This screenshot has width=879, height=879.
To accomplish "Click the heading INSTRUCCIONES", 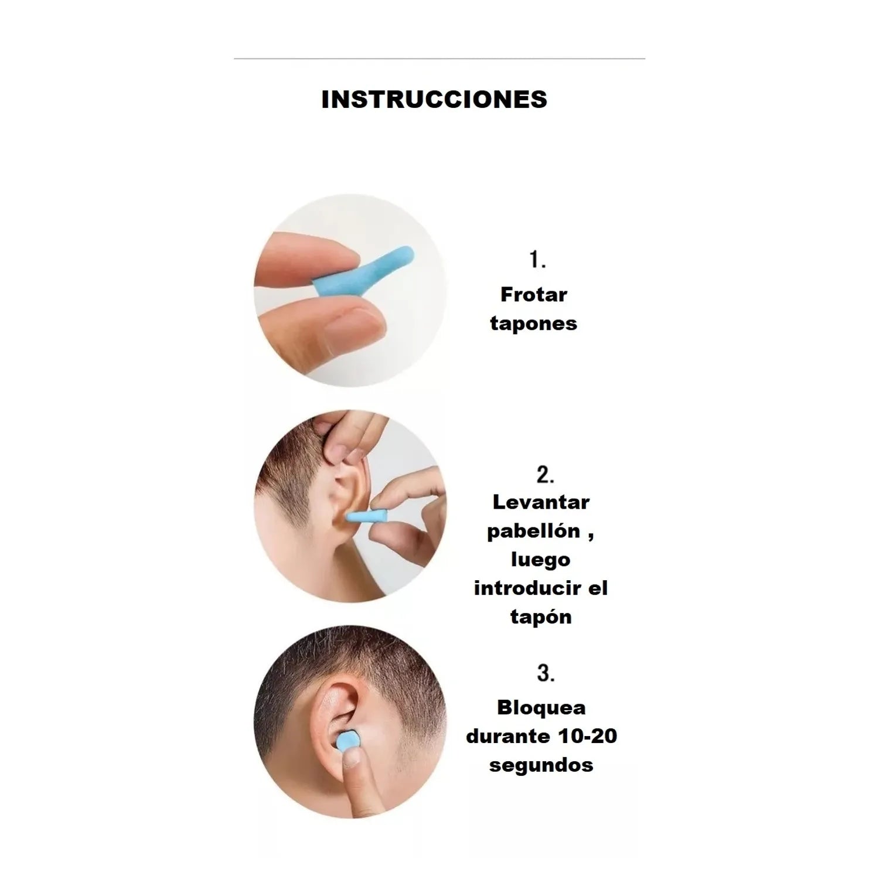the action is [x=434, y=99].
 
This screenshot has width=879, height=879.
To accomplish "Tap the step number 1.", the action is [x=538, y=260].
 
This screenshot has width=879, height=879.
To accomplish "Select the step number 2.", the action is [x=546, y=475].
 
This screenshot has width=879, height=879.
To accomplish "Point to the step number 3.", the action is [x=546, y=673].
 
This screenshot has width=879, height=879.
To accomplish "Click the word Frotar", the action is [x=534, y=295].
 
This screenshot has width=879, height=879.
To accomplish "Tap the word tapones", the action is [x=534, y=323].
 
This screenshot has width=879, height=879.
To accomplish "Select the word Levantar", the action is [x=541, y=502].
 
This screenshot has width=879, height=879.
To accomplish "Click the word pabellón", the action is [x=533, y=531].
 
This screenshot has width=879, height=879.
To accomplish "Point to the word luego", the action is [x=540, y=560].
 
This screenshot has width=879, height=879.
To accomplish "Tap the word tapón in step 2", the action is [x=541, y=617].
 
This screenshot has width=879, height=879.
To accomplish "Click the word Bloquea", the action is [x=541, y=708].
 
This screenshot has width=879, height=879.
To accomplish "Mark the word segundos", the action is [x=541, y=765].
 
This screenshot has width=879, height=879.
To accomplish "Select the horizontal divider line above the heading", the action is [x=439, y=59].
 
